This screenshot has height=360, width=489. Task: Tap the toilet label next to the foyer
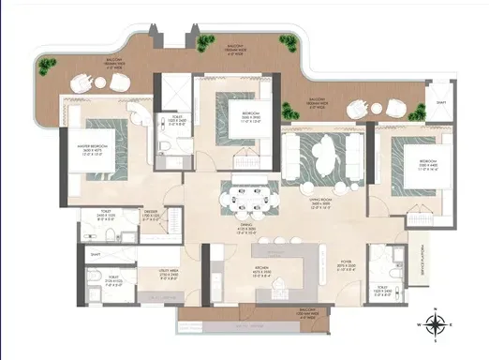380,291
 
